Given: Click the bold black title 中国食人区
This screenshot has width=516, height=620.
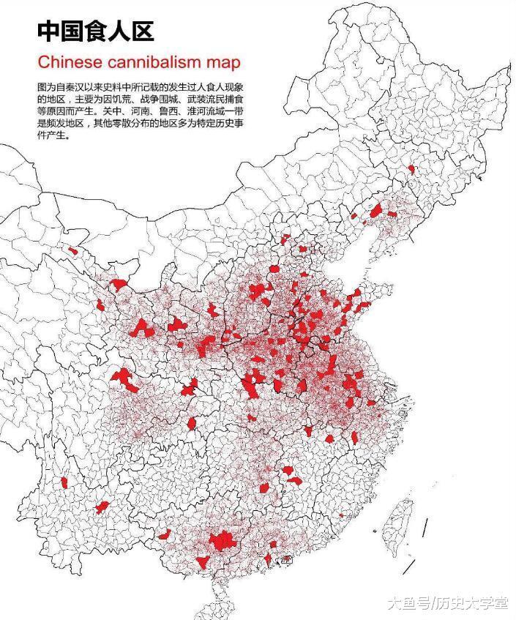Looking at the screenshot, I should coord(95,31).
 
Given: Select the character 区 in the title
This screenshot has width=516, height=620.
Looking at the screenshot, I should coord(140,31).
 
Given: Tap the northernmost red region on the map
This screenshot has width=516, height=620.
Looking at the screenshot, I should coord(411,169).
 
